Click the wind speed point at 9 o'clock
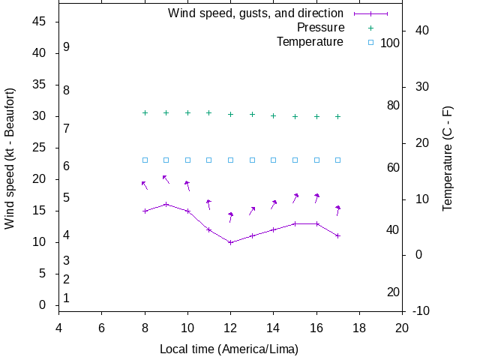[166, 204]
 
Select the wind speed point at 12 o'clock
[230, 242]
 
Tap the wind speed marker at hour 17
[338, 235]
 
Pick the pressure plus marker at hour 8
[145, 112]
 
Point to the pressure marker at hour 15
[295, 116]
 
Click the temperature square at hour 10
[187, 160]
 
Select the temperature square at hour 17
[338, 160]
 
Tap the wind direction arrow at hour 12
[231, 217]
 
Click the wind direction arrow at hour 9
[166, 179]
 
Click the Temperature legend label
[310, 42]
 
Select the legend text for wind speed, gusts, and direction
[256, 13]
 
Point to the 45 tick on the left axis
[40, 22]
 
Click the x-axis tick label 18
[359, 328]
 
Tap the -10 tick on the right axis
[421, 311]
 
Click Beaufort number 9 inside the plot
[67, 46]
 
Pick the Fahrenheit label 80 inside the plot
[393, 106]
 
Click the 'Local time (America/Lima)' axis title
[229, 349]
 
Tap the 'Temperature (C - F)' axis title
[448, 157]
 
